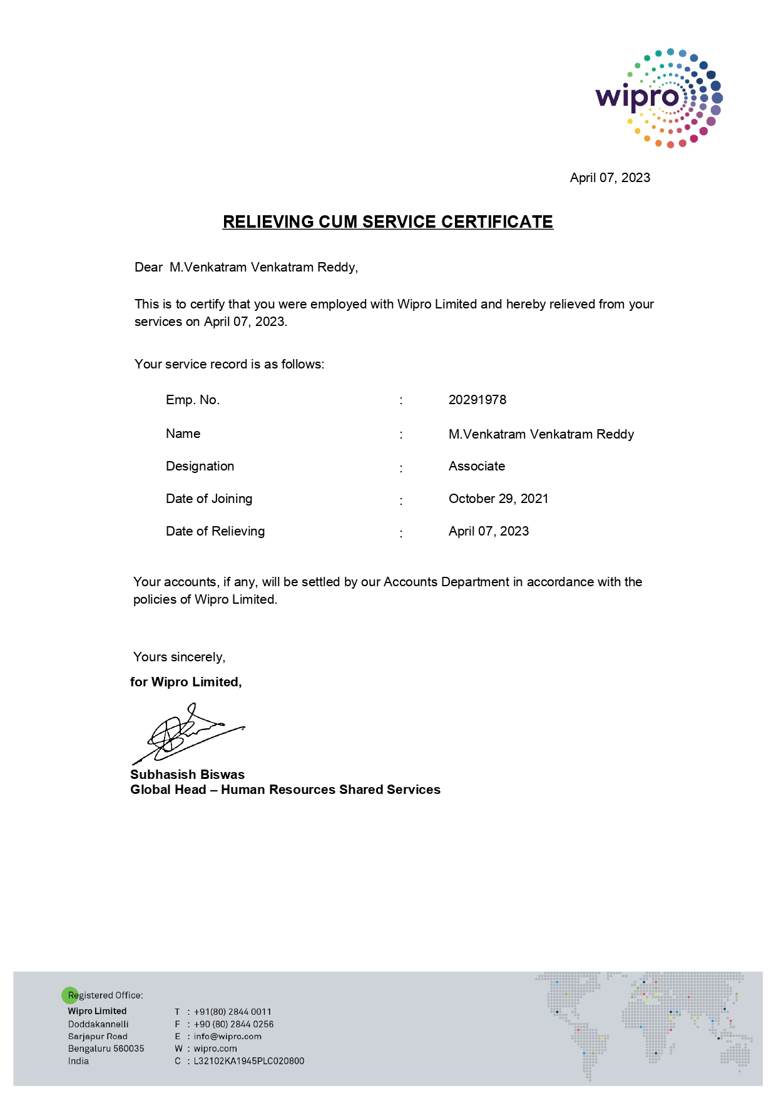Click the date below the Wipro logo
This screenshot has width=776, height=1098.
[610, 178]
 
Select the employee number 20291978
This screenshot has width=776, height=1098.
[477, 400]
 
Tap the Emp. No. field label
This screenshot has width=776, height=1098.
[193, 400]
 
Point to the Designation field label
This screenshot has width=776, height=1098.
[200, 466]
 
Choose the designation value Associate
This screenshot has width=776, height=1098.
[476, 466]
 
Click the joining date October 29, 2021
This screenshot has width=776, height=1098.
[498, 499]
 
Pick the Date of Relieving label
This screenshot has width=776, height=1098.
[215, 531]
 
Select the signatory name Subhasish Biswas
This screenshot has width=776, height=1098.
[187, 775]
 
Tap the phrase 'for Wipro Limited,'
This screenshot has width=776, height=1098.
[186, 682]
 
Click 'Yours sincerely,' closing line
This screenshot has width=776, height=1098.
[179, 657]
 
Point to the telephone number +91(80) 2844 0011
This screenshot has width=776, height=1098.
[232, 1012]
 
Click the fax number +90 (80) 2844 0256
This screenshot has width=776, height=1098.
[233, 1024]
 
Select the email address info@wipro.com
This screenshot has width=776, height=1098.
[227, 1036]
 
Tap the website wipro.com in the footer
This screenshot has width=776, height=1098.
[215, 1049]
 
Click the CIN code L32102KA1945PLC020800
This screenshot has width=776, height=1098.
[248, 1061]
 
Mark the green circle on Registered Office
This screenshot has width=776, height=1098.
[70, 995]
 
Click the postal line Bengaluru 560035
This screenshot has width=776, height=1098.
[106, 1049]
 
